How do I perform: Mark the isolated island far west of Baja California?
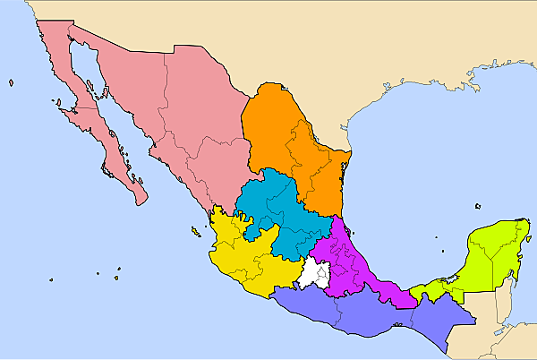12,83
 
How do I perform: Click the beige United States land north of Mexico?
358,54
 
